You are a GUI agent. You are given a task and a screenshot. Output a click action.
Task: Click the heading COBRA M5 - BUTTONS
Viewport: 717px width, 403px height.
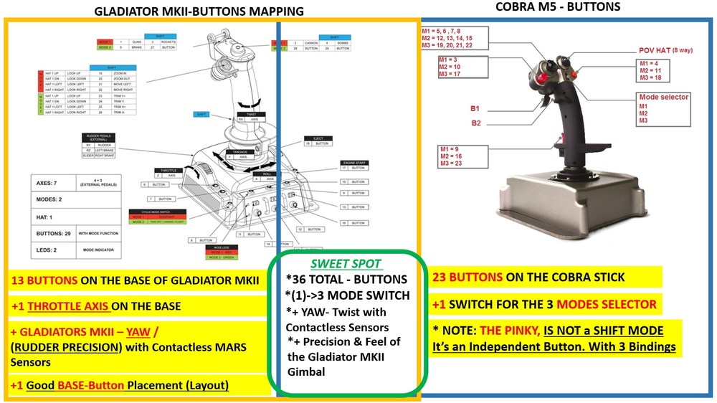click(559, 7)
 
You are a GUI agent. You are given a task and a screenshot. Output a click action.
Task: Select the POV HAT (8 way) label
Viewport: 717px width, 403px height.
click(668, 51)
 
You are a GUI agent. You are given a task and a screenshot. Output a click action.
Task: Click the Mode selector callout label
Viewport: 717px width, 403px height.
click(663, 96)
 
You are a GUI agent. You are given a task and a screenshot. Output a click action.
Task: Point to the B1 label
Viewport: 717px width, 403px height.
click(475, 109)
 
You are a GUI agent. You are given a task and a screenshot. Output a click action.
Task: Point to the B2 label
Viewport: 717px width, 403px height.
click(475, 123)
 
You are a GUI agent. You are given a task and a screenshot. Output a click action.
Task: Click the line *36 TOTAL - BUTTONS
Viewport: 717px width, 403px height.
click(346, 279)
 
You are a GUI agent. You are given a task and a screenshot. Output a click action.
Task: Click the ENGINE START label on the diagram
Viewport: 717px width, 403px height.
click(353, 163)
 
